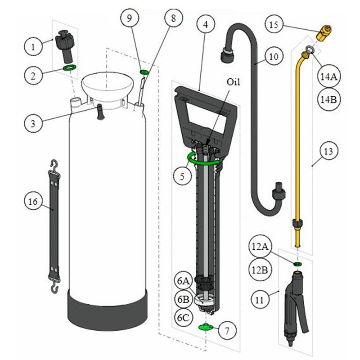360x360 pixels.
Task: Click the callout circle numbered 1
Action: (x=33, y=47)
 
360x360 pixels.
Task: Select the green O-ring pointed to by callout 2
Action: (x=70, y=68)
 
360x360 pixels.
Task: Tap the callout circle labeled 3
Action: (x=33, y=123)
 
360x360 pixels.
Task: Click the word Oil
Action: (x=233, y=82)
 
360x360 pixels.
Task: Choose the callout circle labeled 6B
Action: (x=184, y=299)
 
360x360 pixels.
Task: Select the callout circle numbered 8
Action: (x=174, y=18)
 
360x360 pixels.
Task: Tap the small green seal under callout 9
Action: (x=144, y=72)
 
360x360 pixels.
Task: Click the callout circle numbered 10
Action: (x=274, y=57)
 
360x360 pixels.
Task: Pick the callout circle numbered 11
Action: (x=260, y=300)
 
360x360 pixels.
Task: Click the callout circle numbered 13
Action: (x=328, y=151)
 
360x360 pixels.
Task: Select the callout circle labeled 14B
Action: (x=328, y=99)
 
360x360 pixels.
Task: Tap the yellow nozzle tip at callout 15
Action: (x=324, y=32)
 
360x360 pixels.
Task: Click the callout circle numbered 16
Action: (x=33, y=201)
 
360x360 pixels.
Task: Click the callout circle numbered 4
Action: (x=206, y=24)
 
